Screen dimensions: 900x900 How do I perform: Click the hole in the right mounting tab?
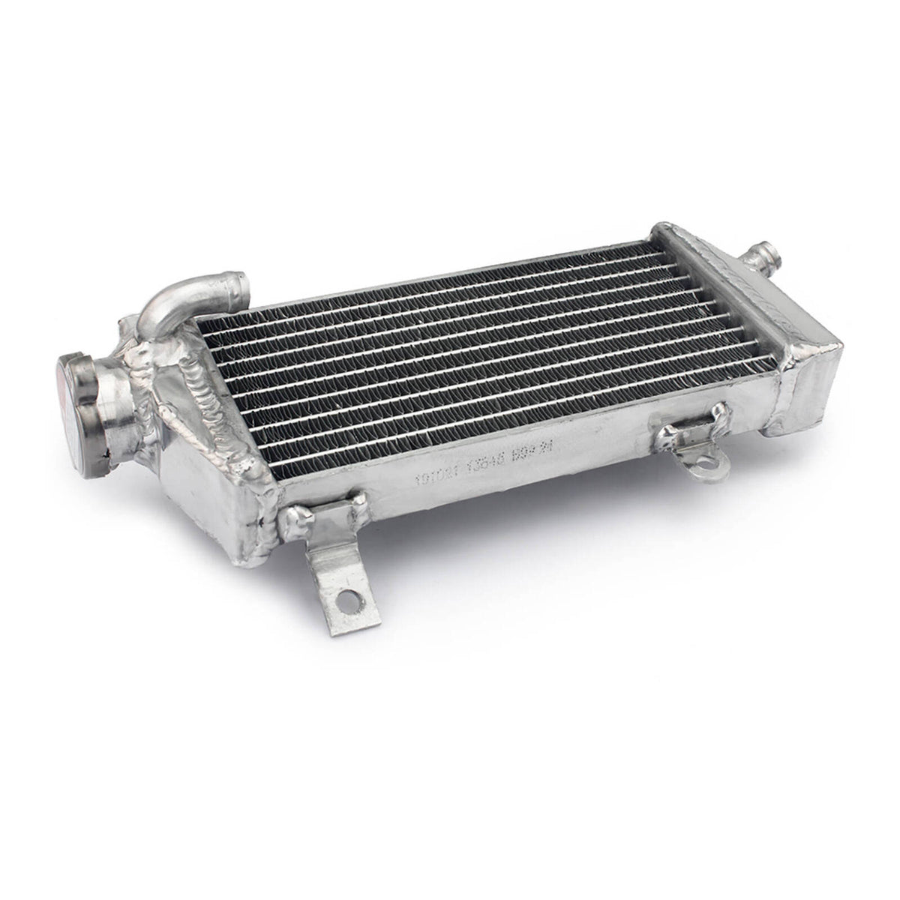pos(706,468)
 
